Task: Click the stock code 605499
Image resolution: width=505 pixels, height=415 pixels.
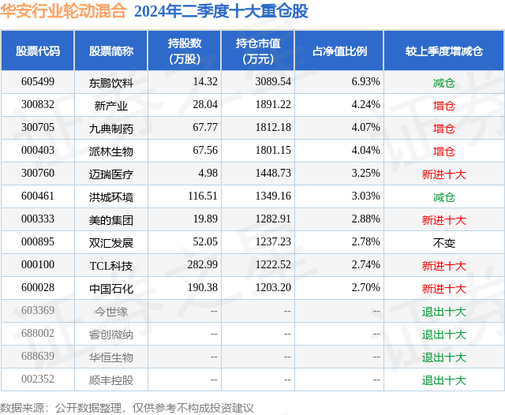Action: click(x=38, y=82)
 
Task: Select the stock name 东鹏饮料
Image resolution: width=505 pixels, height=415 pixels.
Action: click(x=111, y=82)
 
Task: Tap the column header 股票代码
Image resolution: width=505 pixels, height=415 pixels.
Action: click(x=38, y=50)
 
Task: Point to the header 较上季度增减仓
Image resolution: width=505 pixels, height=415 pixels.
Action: click(x=444, y=50)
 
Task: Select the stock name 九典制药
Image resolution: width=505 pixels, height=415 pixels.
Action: click(x=111, y=128)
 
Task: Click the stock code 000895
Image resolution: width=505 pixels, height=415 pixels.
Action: click(x=38, y=243)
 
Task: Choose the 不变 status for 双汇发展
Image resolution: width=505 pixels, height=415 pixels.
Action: click(x=444, y=243)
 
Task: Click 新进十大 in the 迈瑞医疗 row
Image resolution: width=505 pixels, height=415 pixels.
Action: click(x=444, y=174)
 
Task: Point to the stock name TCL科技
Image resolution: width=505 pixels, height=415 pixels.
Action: click(x=111, y=266)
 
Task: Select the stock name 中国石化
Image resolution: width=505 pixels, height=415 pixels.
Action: click(x=111, y=289)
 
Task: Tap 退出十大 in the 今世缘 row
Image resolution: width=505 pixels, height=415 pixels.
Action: click(x=444, y=312)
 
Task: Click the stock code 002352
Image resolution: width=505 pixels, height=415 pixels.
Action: click(x=38, y=380)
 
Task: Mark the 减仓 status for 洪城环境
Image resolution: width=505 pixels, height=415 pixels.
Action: click(x=444, y=197)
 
